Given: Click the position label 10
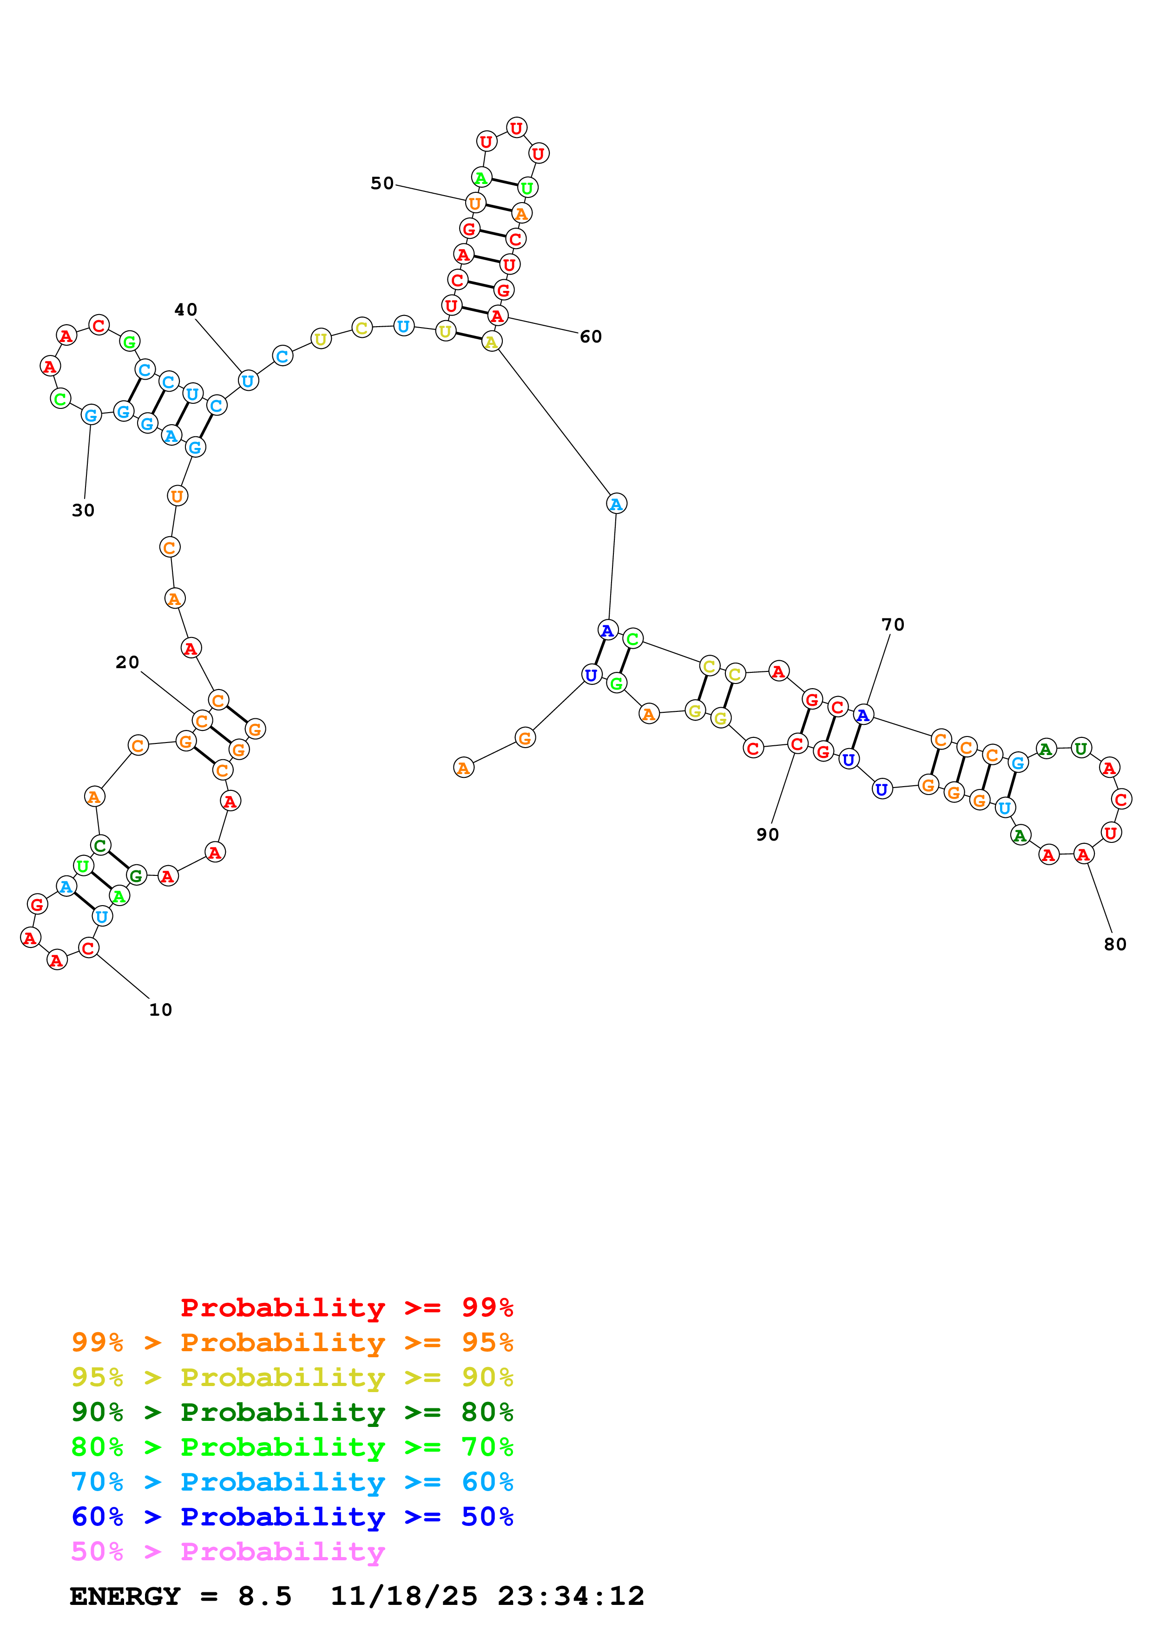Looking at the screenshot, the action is (x=160, y=1010).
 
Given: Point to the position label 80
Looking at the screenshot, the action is (x=1115, y=944).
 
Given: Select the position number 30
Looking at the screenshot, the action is (x=83, y=511).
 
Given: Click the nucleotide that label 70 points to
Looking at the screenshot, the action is (x=863, y=715).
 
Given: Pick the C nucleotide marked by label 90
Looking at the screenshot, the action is (x=797, y=744).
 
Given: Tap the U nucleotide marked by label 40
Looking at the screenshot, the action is (x=248, y=381).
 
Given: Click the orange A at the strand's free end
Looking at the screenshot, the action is (x=463, y=768).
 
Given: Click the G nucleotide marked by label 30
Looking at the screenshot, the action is (x=91, y=415).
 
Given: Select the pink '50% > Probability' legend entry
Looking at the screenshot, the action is (x=228, y=1552).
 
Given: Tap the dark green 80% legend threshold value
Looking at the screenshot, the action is (x=487, y=1413).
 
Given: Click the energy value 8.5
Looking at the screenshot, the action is (x=265, y=1597).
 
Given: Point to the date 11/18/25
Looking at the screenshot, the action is (x=404, y=1597).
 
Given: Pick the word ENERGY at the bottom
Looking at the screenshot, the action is (x=125, y=1597).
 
